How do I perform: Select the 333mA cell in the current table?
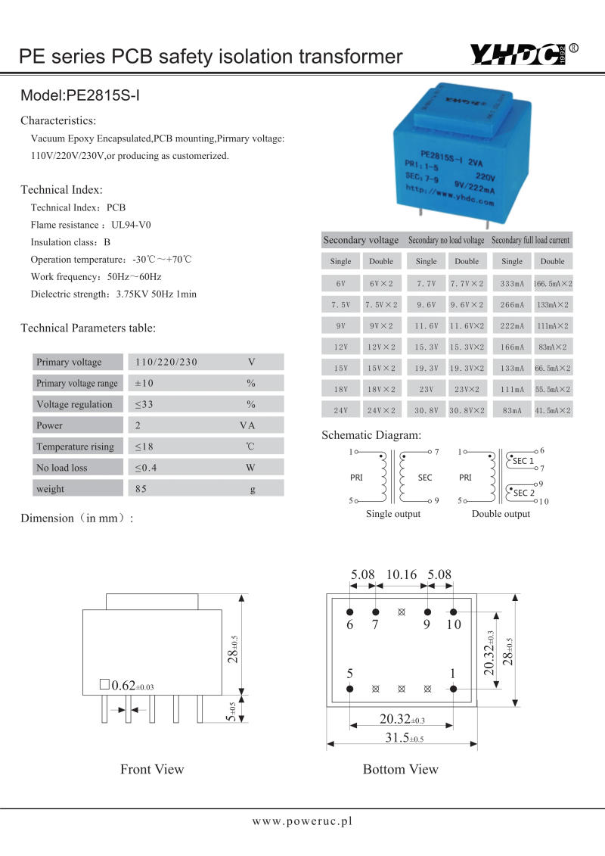(x=512, y=283)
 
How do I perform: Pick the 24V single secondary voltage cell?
(x=340, y=410)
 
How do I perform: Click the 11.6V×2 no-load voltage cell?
(x=467, y=325)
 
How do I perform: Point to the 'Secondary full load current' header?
(x=530, y=240)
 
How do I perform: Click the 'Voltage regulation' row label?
(x=74, y=404)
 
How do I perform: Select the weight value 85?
(x=141, y=489)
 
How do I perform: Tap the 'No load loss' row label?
(x=62, y=468)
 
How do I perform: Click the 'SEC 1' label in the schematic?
(x=523, y=461)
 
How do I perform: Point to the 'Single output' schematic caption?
(x=393, y=514)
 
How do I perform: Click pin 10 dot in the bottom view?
(x=454, y=612)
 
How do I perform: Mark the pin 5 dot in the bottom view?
(x=350, y=689)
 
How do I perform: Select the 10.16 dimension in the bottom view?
(x=402, y=574)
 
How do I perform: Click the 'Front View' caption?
(x=152, y=769)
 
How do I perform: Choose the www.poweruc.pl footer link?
(x=302, y=820)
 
